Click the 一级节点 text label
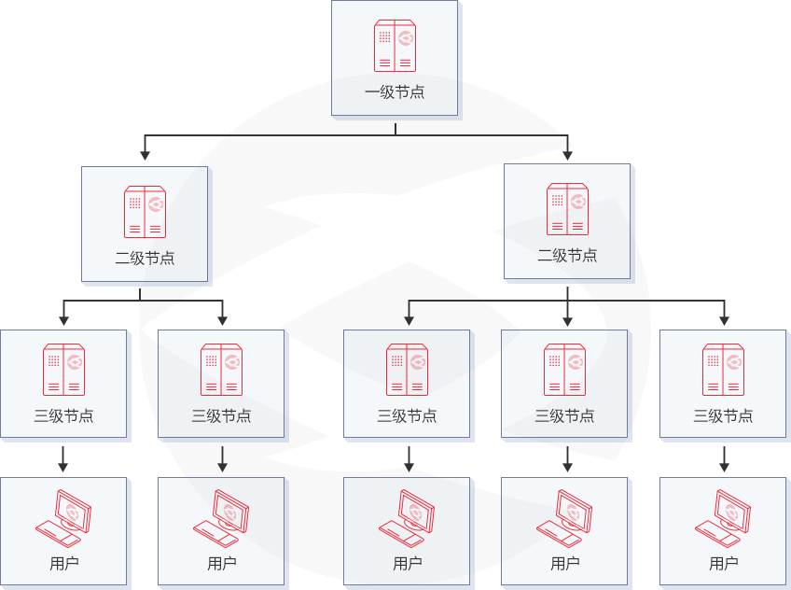click(x=395, y=92)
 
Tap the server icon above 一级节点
click(x=395, y=46)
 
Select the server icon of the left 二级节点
click(x=145, y=212)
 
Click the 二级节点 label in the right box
click(x=567, y=256)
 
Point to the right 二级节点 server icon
click(x=567, y=209)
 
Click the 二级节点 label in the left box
click(x=145, y=259)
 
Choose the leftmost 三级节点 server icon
click(x=63, y=370)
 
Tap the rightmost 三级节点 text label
click(x=723, y=416)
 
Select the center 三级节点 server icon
click(x=408, y=370)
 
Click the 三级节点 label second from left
click(x=221, y=416)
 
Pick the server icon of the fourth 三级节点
click(x=565, y=370)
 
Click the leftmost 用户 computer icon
click(x=63, y=517)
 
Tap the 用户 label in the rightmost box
click(x=724, y=564)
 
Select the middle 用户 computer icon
click(x=408, y=517)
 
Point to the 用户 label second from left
click(x=221, y=564)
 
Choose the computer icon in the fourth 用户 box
click(x=565, y=517)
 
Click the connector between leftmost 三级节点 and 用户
click(x=63, y=458)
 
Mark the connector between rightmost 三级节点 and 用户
click(x=724, y=458)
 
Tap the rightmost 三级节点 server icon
click(x=723, y=370)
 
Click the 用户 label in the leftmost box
click(x=63, y=564)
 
